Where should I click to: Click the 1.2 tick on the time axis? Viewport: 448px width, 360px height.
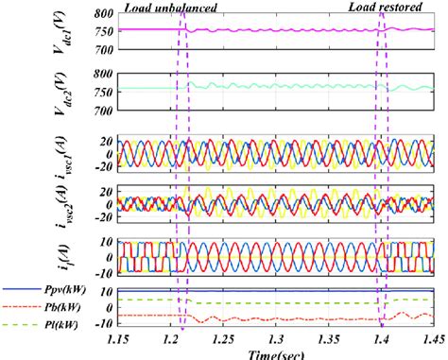pyautogui.click(x=173, y=337)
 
